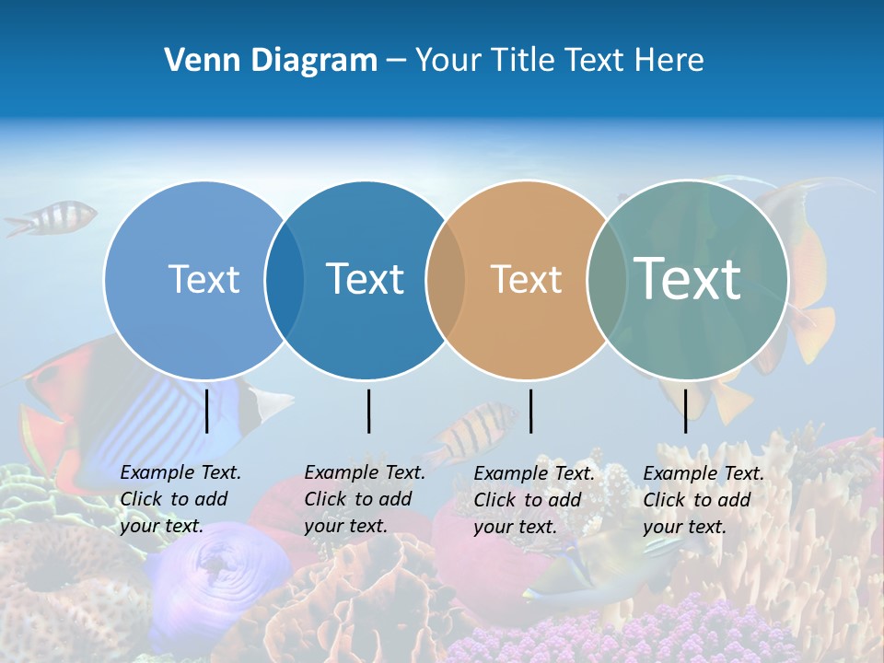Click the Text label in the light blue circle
[204, 279]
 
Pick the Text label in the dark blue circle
[366, 279]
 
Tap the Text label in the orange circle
[526, 279]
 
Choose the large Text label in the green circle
[688, 278]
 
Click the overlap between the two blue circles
[285, 280]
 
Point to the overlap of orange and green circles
[607, 280]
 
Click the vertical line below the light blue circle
[206, 411]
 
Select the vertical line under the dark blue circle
[368, 411]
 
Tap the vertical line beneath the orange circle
[530, 411]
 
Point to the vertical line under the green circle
[685, 411]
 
